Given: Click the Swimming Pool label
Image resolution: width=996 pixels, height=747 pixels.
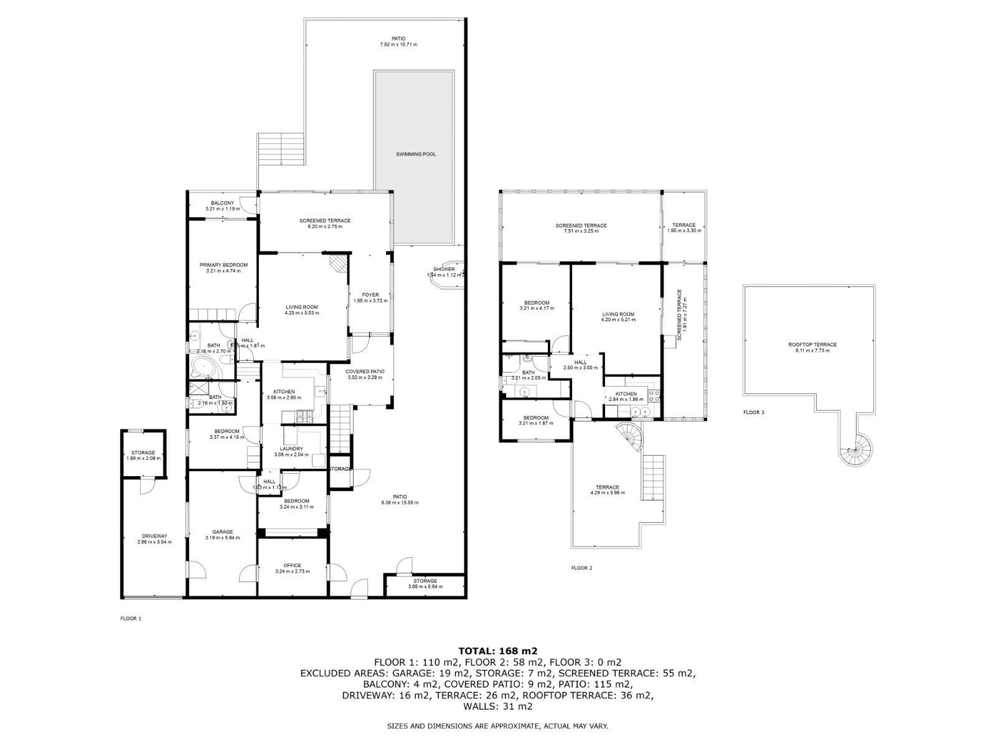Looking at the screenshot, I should click(x=416, y=154).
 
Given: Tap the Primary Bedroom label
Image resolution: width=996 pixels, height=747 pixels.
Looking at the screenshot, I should click(x=223, y=265).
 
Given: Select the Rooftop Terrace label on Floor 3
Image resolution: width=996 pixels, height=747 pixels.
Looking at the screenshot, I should click(x=812, y=344).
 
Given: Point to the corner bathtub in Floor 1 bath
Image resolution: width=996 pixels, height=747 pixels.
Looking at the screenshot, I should click(x=204, y=368).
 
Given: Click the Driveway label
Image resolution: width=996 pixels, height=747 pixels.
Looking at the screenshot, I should click(x=154, y=536).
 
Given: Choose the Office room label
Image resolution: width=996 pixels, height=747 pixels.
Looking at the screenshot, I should click(x=292, y=565).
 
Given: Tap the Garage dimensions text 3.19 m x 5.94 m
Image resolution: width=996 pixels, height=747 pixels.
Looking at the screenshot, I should click(x=222, y=537).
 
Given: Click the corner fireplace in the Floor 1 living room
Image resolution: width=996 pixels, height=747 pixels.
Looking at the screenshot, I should click(x=338, y=263).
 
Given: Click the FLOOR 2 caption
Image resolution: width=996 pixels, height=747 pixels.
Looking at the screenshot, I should click(x=581, y=568).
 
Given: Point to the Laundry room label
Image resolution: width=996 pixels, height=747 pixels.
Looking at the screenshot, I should click(x=291, y=448).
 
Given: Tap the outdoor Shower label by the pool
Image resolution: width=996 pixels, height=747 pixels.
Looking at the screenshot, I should click(x=444, y=269).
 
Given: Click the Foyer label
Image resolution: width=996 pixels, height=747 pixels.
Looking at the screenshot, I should click(x=370, y=294).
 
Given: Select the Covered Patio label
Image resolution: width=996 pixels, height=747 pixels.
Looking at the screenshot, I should click(x=365, y=371).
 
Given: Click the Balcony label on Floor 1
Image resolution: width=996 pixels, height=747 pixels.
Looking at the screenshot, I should click(x=222, y=203).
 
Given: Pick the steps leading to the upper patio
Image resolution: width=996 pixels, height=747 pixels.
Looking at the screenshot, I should click(x=281, y=149).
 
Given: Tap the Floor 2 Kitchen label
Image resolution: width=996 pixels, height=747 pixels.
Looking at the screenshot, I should click(x=626, y=393).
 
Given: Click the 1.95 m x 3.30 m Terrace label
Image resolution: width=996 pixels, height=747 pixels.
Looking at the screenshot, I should click(x=684, y=225).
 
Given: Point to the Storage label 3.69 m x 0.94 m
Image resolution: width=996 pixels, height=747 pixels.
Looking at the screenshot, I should click(x=423, y=581).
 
